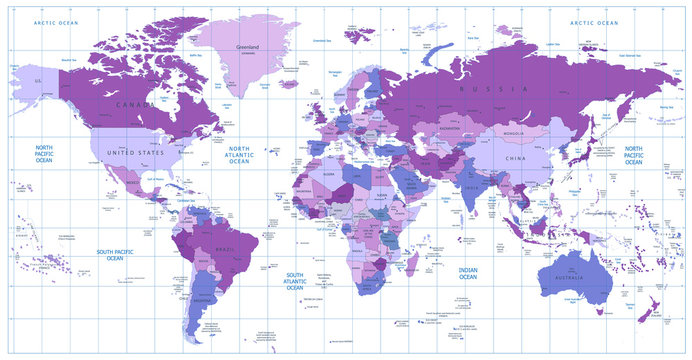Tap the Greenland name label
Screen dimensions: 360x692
coord(247,47)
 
